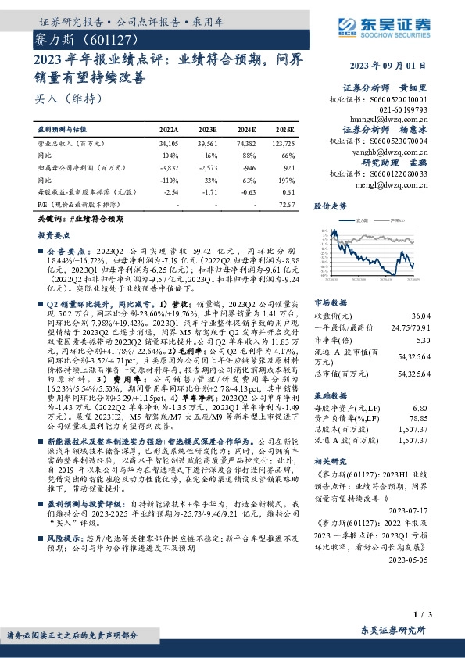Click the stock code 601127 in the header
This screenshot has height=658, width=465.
[109, 38]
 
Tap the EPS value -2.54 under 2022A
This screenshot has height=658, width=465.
[170, 191]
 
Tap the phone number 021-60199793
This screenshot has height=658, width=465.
[406, 109]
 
